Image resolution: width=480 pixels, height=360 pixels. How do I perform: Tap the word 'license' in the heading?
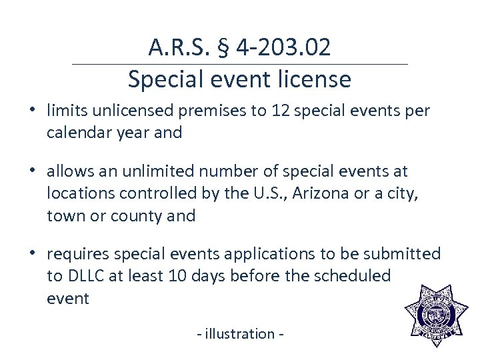pyautogui.click(x=315, y=79)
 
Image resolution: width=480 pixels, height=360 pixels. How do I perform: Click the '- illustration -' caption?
pyautogui.click(x=240, y=333)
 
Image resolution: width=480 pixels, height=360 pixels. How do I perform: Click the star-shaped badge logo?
pyautogui.click(x=437, y=316)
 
